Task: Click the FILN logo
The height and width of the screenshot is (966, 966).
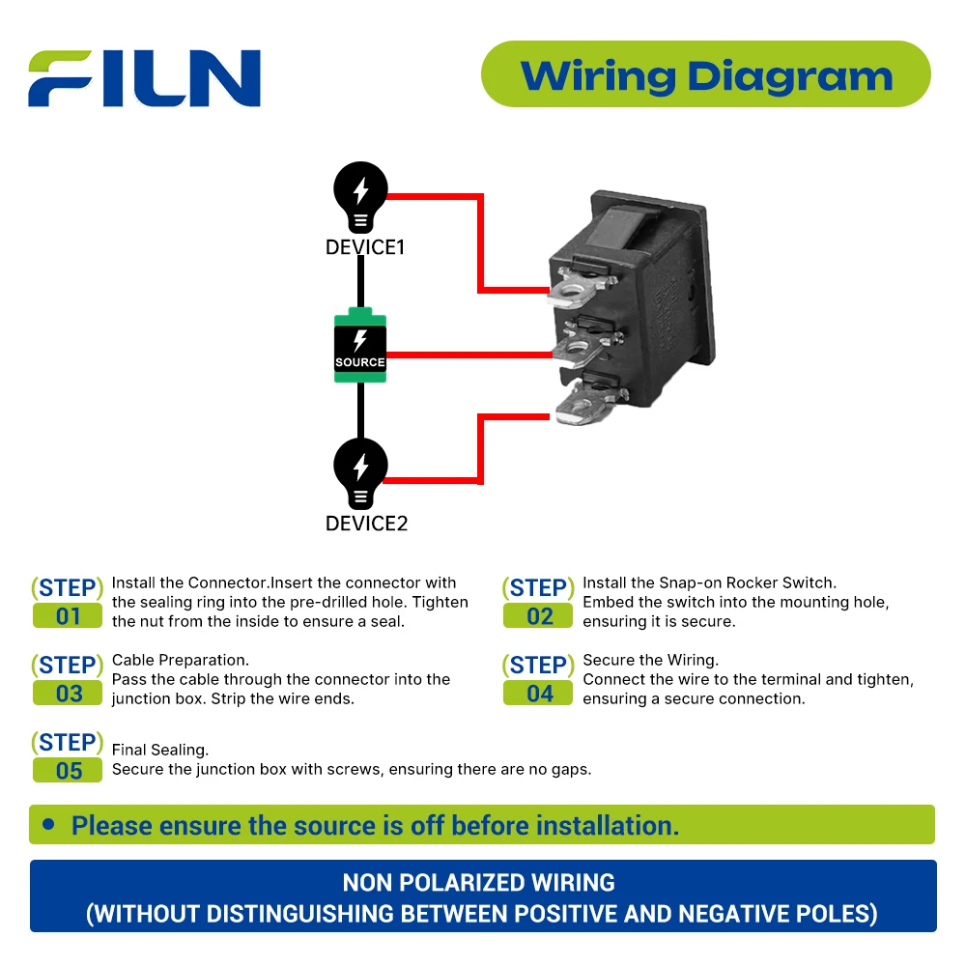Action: [144, 78]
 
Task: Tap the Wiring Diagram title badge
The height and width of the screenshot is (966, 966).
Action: [705, 74]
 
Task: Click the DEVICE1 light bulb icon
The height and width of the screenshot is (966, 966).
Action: [360, 197]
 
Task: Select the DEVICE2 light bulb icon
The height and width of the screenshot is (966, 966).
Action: [360, 473]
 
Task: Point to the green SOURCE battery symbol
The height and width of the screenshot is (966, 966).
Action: [360, 345]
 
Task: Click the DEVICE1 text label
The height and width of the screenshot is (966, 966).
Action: [365, 247]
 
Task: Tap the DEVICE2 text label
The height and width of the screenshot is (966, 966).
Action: [366, 523]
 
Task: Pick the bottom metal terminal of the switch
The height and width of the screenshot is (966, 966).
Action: [588, 404]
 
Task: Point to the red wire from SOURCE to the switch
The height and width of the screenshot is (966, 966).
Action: [469, 355]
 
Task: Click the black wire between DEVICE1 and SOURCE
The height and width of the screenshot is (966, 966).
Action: [360, 282]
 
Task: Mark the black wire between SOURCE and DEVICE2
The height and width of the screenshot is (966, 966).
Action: [360, 411]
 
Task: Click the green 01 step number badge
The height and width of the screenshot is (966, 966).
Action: [68, 616]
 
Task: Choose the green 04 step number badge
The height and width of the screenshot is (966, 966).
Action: [538, 694]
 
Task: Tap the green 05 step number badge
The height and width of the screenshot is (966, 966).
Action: [68, 771]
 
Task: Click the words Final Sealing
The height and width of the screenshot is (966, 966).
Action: [160, 750]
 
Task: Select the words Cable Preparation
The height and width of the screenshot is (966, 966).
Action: [181, 661]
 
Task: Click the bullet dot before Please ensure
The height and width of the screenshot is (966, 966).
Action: [48, 824]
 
